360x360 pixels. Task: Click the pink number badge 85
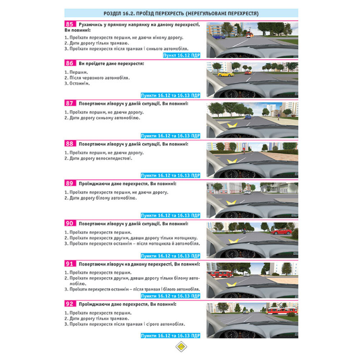coord(70,24)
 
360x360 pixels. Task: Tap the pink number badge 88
coord(70,144)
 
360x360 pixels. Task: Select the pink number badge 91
coord(70,264)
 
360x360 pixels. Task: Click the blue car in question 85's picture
coord(219,36)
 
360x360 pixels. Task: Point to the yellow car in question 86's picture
coord(226,74)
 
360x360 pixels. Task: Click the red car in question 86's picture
coord(248,73)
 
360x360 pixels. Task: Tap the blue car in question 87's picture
coord(248,117)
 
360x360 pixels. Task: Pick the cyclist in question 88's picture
coord(244,150)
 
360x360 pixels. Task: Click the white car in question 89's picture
coord(247,192)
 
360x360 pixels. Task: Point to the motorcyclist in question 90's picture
coord(244,230)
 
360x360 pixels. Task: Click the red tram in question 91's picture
coord(220,274)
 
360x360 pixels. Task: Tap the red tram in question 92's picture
coord(282,311)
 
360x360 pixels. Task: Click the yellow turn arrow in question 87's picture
coord(232,125)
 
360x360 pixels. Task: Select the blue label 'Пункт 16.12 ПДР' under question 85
coord(181,55)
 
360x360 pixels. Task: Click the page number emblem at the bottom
coord(181,346)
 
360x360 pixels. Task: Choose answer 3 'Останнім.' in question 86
coord(77,84)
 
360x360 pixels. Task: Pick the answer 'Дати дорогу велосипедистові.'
coord(98,158)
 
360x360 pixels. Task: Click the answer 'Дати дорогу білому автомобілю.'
coord(100,198)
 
